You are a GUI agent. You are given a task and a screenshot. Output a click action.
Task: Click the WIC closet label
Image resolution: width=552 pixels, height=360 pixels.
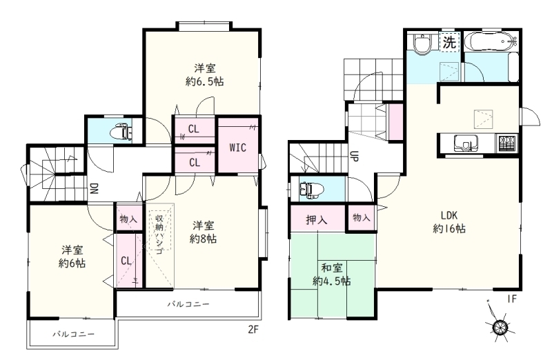(x=237, y=148)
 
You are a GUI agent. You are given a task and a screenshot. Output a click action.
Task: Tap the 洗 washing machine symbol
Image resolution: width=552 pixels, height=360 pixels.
(x=450, y=42)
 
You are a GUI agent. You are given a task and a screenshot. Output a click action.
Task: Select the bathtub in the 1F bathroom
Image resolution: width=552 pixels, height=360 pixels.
(x=491, y=41)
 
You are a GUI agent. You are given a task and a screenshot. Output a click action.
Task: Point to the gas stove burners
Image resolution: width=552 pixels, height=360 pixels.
(x=507, y=143)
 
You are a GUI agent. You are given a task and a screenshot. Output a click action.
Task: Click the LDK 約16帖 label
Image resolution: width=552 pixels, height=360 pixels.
(x=449, y=222)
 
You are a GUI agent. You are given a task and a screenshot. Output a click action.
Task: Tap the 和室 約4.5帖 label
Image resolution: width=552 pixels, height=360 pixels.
(x=332, y=275)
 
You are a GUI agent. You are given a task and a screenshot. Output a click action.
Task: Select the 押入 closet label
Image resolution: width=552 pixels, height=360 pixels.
(x=317, y=220)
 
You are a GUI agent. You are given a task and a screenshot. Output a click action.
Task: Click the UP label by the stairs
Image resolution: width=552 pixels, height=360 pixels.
(x=354, y=156)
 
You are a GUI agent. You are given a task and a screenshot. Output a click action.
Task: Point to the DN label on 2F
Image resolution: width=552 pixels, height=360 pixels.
(x=94, y=189)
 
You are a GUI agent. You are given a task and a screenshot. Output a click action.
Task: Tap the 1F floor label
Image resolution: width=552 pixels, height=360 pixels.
(x=511, y=299)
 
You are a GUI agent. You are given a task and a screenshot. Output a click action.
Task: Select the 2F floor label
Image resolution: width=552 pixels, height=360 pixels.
(x=253, y=330)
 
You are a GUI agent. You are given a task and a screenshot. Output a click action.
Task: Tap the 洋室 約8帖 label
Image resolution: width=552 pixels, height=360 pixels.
(x=204, y=232)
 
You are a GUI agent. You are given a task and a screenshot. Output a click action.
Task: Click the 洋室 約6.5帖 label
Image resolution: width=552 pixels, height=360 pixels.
(x=204, y=74)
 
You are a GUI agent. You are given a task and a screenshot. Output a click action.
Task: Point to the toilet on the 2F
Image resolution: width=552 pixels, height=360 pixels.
(x=121, y=132)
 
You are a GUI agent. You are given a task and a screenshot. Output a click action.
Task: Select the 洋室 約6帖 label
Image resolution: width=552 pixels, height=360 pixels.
(x=72, y=257)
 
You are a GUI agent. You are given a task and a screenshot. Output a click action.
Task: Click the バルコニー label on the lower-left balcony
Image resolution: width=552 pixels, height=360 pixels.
(x=74, y=334)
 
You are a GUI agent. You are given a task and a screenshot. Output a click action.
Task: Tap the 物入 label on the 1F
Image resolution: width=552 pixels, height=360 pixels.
(x=362, y=218)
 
